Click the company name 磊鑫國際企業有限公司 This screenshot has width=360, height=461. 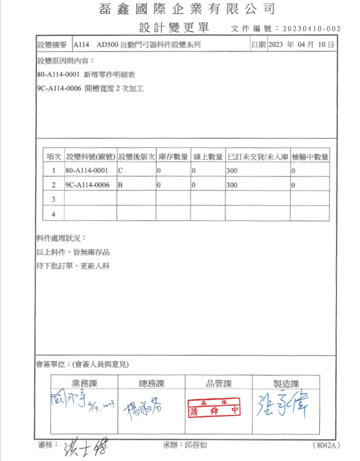[x=187, y=9]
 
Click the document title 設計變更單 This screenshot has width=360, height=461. [x=174, y=28]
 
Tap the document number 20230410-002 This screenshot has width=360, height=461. [x=311, y=29]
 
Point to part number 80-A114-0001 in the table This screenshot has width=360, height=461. [x=87, y=171]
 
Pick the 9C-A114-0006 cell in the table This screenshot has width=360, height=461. [x=88, y=185]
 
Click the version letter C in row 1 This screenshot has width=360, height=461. [x=121, y=171]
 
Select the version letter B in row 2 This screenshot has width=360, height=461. [x=121, y=185]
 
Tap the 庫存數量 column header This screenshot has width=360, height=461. [x=174, y=157]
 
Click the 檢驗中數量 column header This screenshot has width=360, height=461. [x=310, y=157]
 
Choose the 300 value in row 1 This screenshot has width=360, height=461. [x=232, y=171]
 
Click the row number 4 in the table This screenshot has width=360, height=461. [x=53, y=214]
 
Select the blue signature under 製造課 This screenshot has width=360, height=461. [x=278, y=406]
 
